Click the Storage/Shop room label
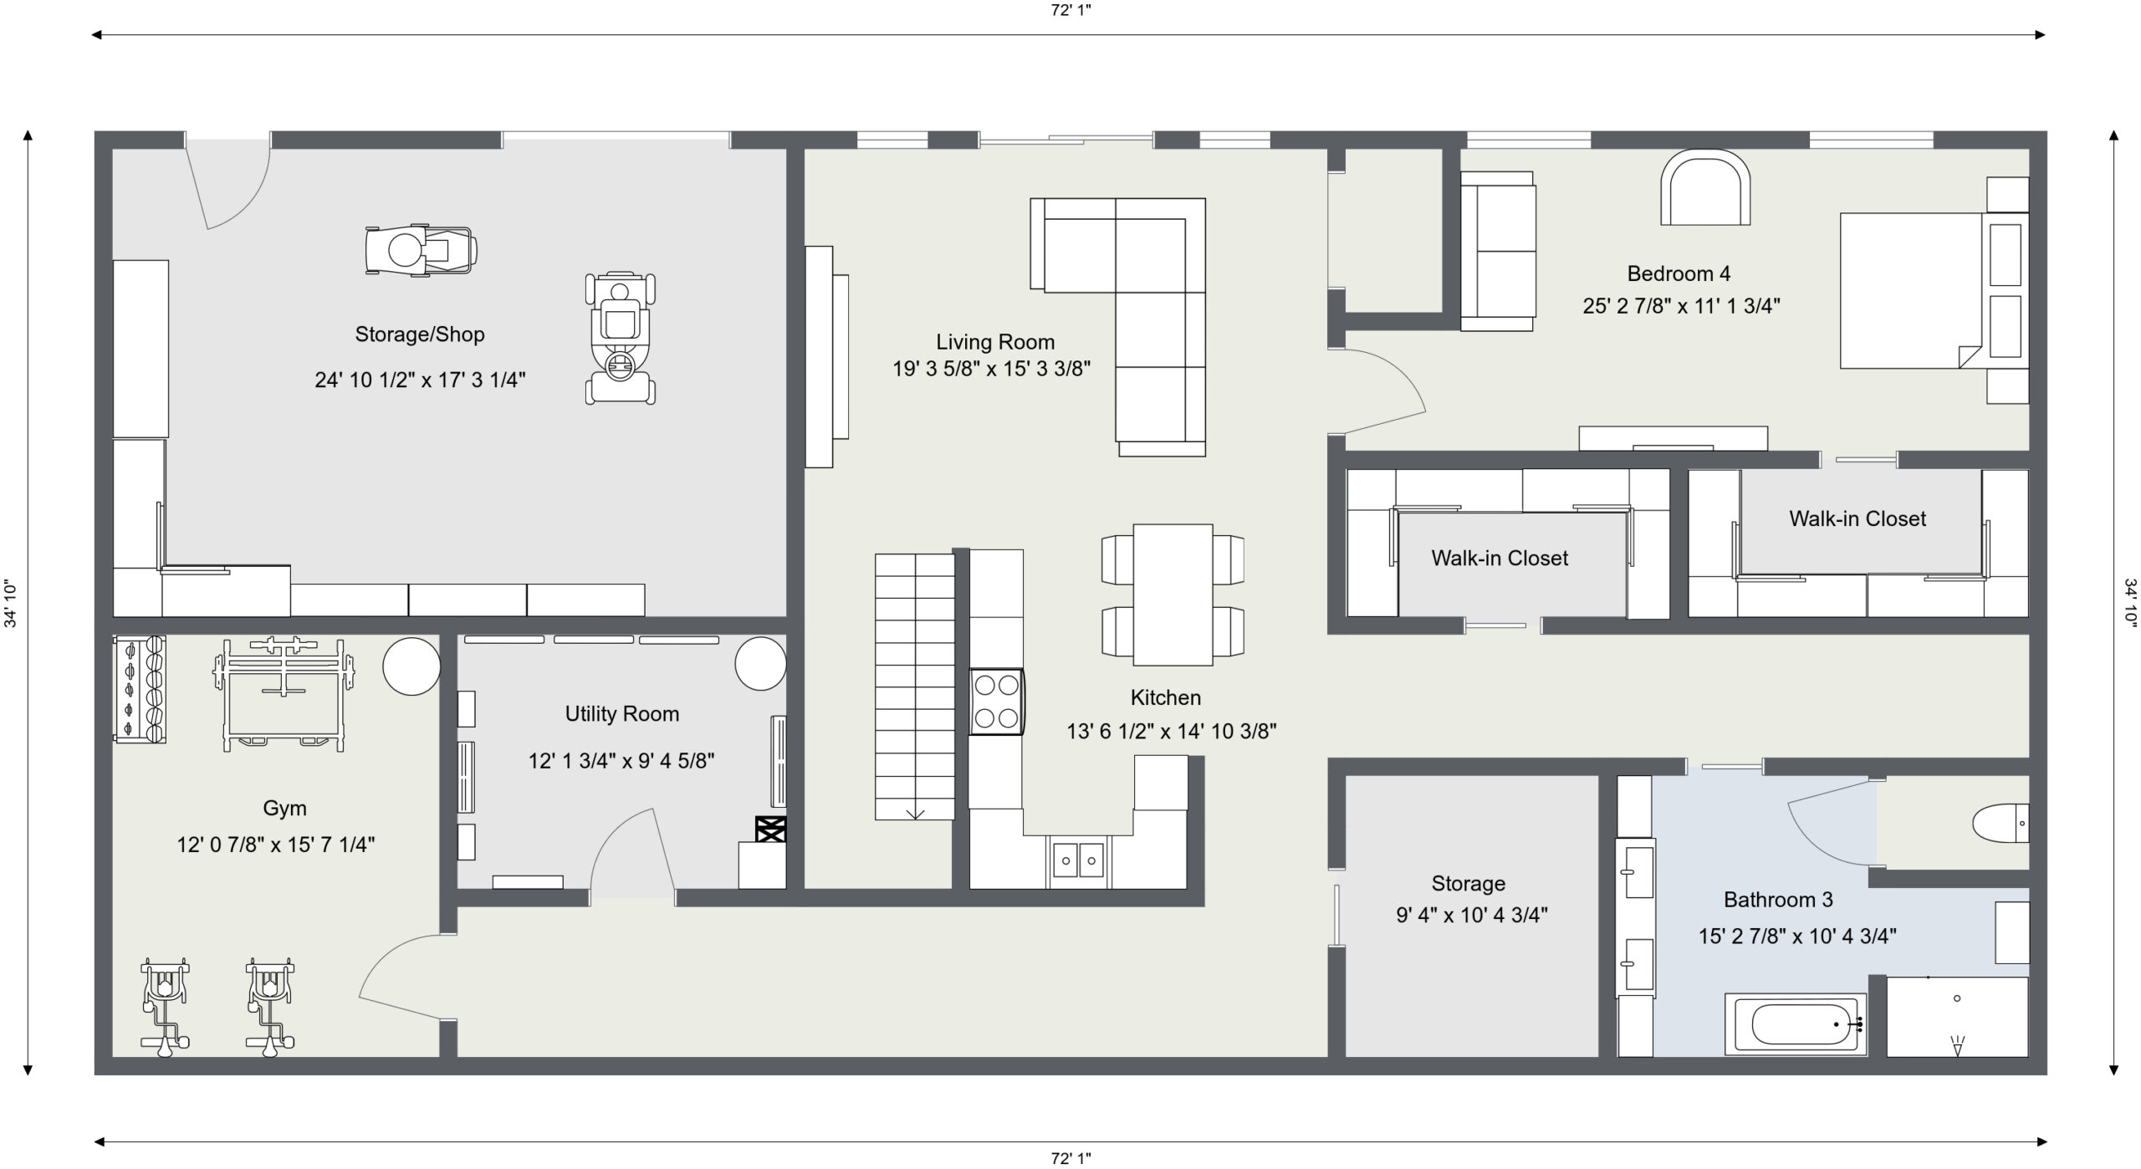(420, 334)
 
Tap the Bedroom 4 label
(1679, 273)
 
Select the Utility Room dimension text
(621, 761)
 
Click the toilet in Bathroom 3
(2000, 824)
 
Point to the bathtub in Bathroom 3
(1796, 1024)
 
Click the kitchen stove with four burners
(997, 702)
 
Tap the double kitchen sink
(1079, 860)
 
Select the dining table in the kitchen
(1173, 595)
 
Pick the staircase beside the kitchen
(915, 687)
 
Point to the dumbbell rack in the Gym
(139, 689)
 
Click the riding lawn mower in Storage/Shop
(621, 338)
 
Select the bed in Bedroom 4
(1934, 290)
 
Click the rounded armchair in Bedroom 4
(1706, 187)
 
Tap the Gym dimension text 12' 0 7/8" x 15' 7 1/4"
(276, 845)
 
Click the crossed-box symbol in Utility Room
(770, 829)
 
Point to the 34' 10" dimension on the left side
(12, 604)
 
